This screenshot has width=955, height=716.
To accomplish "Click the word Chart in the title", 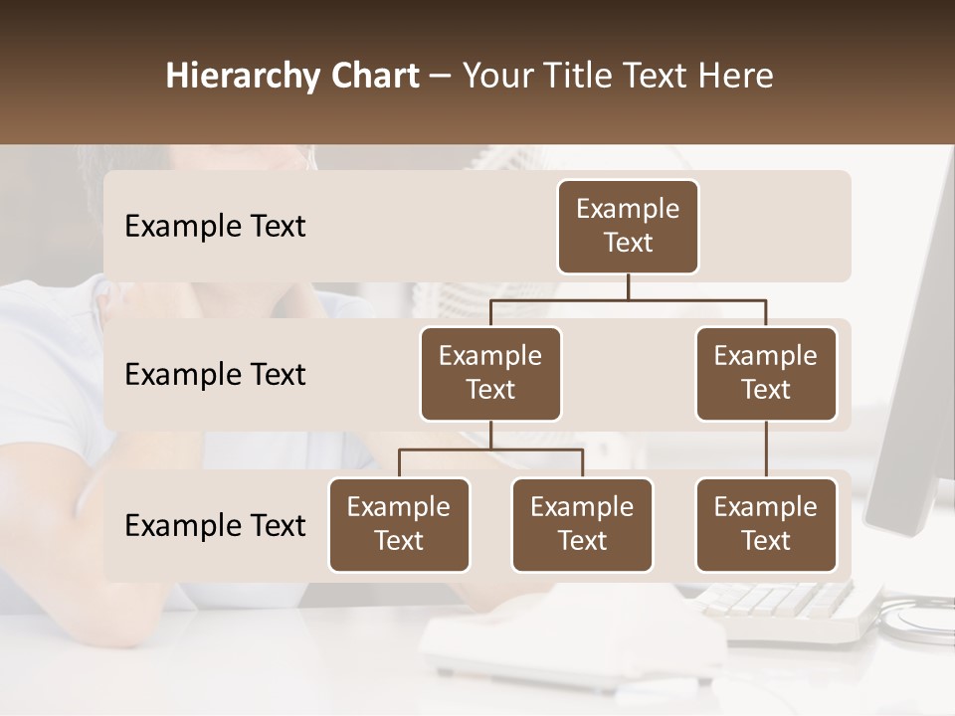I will (379, 77).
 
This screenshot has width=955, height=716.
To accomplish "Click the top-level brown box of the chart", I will (628, 227).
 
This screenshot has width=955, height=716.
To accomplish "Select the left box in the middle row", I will (490, 373).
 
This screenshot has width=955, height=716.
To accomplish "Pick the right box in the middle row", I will (766, 373).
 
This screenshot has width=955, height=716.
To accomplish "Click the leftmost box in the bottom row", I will (399, 524).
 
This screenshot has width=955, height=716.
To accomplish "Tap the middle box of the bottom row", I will (582, 524).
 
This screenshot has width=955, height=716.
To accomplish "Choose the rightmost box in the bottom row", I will (766, 524).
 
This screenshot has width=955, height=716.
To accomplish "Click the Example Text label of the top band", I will (215, 227).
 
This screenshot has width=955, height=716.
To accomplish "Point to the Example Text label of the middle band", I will (215, 375).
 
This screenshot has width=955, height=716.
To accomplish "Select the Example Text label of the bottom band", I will (215, 525).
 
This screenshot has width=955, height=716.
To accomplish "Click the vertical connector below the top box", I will (628, 286).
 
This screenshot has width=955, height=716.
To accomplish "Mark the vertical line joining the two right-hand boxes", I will (766, 449).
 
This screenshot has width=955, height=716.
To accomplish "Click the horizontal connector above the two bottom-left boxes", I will (490, 449).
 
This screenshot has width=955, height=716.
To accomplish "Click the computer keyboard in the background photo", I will (786, 607).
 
